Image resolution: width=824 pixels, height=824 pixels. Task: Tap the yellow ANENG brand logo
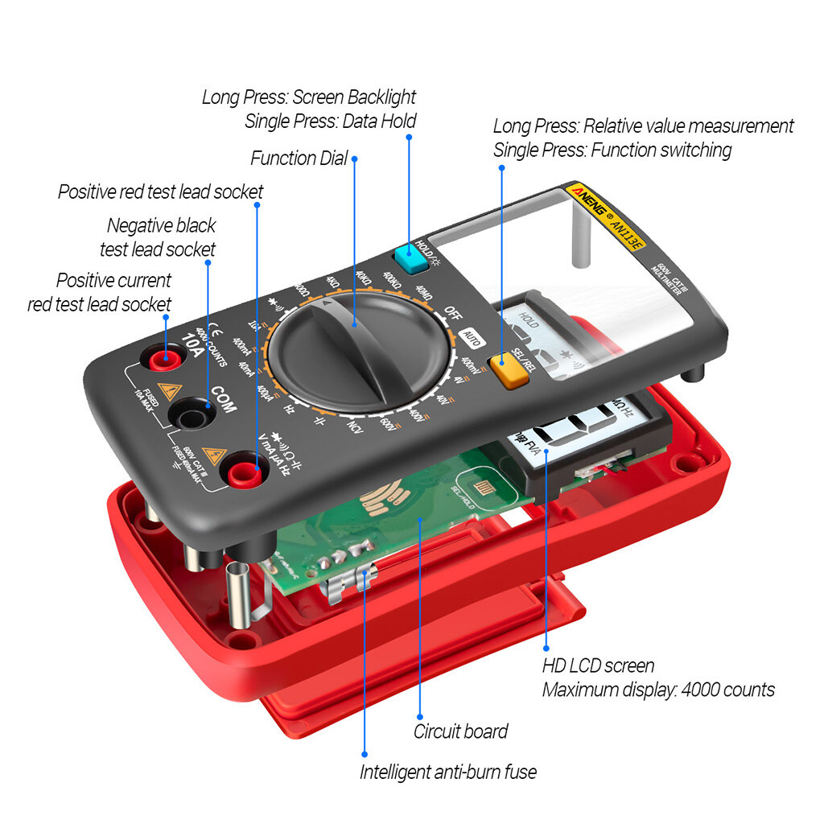[591, 202]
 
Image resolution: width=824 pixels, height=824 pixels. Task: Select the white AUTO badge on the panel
[472, 339]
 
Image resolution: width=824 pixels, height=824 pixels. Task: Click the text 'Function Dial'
[299, 158]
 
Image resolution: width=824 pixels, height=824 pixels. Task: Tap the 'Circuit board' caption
[460, 731]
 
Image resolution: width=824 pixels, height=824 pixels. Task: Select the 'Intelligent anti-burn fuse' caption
[447, 772]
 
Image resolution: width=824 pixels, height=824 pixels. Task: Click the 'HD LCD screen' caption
[598, 665]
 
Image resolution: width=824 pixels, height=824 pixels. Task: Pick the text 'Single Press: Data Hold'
[331, 122]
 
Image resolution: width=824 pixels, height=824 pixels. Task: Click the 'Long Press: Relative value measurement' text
[643, 126]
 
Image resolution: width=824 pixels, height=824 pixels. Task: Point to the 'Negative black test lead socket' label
[160, 237]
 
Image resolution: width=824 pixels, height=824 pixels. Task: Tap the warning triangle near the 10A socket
[168, 392]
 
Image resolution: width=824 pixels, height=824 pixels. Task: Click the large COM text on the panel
[223, 400]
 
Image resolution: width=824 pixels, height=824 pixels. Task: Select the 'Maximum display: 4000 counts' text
[658, 690]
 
